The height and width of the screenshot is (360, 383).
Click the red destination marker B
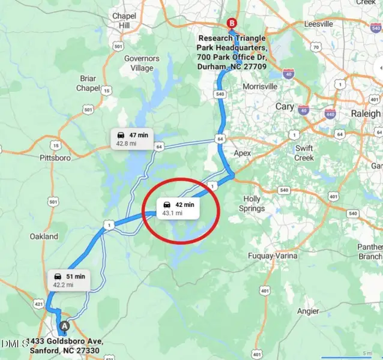[232, 23]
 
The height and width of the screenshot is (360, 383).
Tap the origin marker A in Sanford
[64, 326]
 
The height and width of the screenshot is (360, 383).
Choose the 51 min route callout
[69, 280]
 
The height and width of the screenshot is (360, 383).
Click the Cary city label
[285, 107]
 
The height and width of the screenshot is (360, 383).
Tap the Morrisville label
[259, 86]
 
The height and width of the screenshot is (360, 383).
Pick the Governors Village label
[142, 63]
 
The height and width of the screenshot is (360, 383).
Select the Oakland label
[44, 236]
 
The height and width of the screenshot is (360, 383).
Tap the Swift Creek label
[304, 153]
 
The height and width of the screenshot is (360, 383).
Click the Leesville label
[319, 24]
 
